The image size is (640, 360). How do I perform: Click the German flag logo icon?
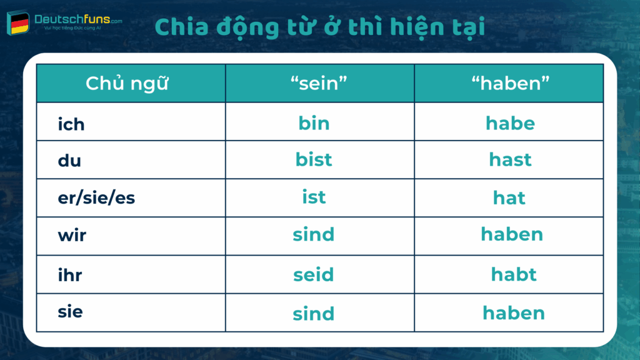click(19, 24)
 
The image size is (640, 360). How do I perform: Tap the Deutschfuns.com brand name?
click(78, 20)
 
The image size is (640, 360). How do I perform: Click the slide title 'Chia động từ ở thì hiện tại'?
click(319, 27)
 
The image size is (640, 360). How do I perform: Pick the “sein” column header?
click(319, 84)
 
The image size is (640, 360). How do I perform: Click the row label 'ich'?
click(71, 124)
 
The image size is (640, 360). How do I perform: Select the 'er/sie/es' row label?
click(96, 198)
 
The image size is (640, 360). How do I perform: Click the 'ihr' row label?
click(69, 274)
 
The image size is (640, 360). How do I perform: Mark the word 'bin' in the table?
click(314, 123)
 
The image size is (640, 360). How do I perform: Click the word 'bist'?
click(314, 159)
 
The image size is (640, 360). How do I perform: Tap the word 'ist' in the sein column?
click(314, 197)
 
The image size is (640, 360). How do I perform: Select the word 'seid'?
click(314, 274)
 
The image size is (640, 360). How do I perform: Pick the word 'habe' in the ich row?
click(510, 123)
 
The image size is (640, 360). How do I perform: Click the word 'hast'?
click(510, 159)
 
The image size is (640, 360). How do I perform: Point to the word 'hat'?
click(509, 198)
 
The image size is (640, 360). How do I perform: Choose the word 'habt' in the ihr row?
click(514, 274)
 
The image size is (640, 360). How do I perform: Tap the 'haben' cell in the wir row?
click(512, 234)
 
